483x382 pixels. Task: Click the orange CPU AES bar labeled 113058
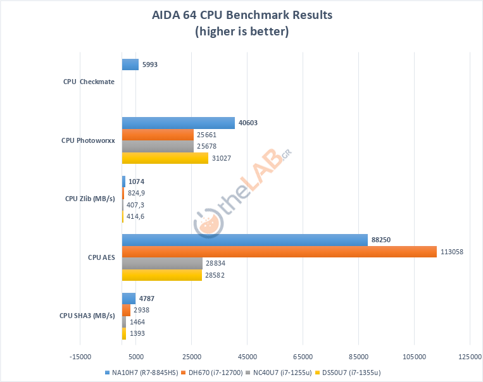(279, 252)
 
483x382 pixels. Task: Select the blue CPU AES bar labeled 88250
(244, 240)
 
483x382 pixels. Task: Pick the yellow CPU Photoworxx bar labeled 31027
(165, 158)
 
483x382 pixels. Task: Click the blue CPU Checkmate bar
(130, 64)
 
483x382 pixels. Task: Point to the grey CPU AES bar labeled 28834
(162, 263)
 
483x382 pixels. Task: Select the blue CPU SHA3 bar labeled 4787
(129, 299)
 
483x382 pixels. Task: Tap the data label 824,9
(137, 193)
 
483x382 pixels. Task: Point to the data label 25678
(207, 146)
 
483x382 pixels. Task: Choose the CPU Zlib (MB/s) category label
(90, 199)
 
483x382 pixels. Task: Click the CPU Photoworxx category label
(88, 140)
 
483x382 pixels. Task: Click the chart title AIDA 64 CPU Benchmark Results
(241, 14)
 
